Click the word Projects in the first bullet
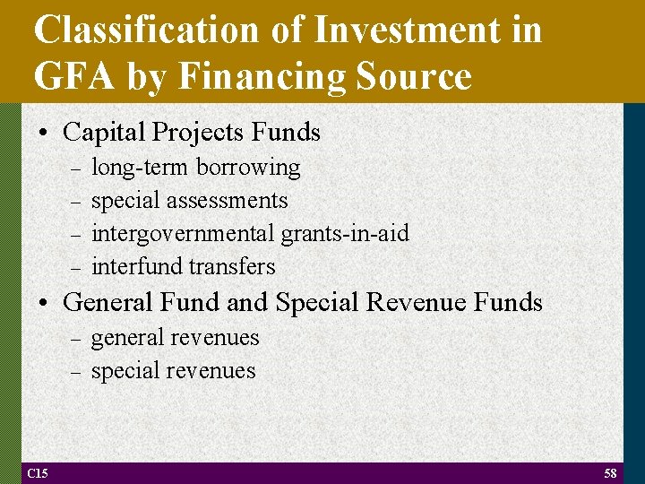pyautogui.click(x=197, y=133)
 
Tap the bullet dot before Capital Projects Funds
pyautogui.click(x=44, y=134)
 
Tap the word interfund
pyautogui.click(x=136, y=267)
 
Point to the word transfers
pyautogui.click(x=232, y=267)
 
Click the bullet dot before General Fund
pyautogui.click(x=44, y=304)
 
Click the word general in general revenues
pyautogui.click(x=125, y=339)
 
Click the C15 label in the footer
pyautogui.click(x=38, y=473)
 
